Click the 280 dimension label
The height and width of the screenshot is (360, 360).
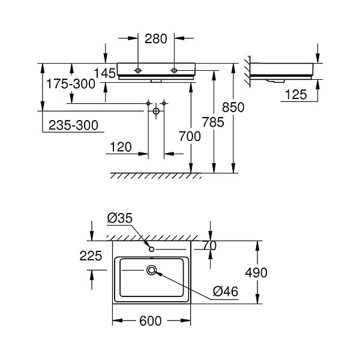[x=155, y=38]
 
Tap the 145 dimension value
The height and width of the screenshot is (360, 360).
[x=104, y=73]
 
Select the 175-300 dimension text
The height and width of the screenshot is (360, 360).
[x=71, y=84]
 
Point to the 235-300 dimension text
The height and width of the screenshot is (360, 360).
[x=73, y=125]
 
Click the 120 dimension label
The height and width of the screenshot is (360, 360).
[x=121, y=147]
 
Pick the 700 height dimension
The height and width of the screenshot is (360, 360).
[x=190, y=136]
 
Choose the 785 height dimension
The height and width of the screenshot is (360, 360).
[x=213, y=122]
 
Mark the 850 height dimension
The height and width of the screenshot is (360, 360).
[x=233, y=107]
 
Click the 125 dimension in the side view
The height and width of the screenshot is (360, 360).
[x=296, y=94]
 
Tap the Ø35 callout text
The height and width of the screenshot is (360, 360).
[x=120, y=218]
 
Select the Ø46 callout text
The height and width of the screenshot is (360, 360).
[x=226, y=292]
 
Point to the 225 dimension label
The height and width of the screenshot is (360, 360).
[x=91, y=256]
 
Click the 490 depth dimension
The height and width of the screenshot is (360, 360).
[x=256, y=273]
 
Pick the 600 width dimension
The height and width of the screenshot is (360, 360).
[x=151, y=321]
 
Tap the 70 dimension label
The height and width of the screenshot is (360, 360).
[x=209, y=245]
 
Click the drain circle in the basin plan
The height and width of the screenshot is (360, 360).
[x=152, y=270]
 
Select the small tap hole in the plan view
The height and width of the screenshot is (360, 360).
[x=152, y=249]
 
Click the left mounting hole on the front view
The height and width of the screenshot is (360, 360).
[x=138, y=70]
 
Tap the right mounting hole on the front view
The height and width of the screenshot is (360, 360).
[x=174, y=70]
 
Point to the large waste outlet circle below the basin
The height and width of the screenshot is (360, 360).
[x=156, y=111]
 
